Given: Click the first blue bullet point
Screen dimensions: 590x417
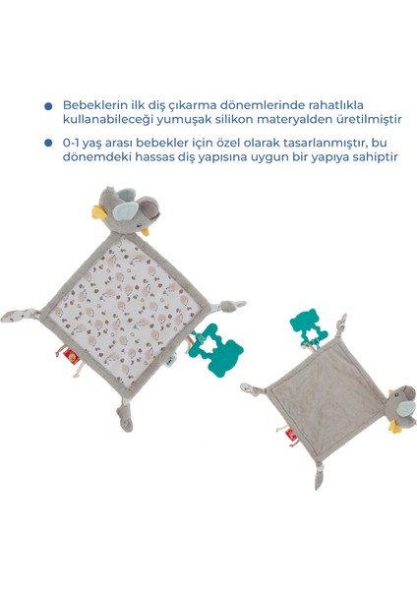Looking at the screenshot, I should [x=46, y=106].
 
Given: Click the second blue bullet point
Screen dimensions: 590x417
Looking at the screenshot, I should [x=46, y=143].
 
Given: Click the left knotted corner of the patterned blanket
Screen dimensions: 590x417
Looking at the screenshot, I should [x=23, y=318].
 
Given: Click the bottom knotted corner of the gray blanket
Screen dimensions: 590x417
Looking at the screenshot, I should [x=321, y=476].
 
